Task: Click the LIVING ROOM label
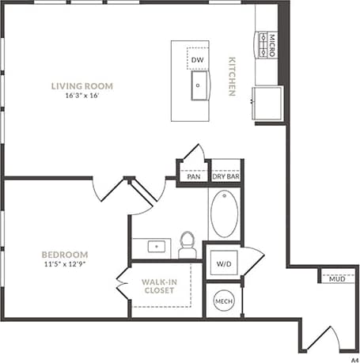click(82, 85)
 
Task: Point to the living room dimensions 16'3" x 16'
click(82, 96)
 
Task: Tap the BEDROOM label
click(65, 255)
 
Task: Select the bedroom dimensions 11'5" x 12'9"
click(65, 266)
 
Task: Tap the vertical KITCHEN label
click(233, 76)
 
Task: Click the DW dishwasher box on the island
click(198, 59)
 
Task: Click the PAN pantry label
click(192, 177)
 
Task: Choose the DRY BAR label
click(226, 177)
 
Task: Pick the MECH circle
click(223, 301)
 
